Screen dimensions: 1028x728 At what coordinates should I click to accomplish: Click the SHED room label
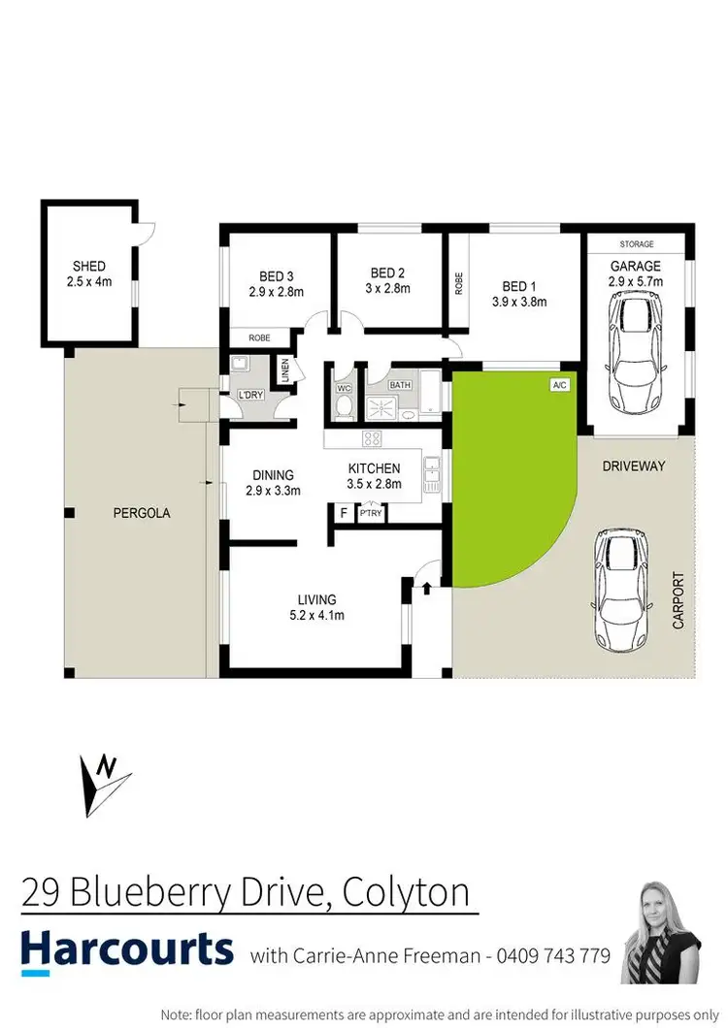point(88,266)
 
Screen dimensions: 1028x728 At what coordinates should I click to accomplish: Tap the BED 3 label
point(278,273)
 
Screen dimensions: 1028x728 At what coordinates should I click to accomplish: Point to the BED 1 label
point(518,286)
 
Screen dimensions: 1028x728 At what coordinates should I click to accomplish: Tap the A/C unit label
point(559,385)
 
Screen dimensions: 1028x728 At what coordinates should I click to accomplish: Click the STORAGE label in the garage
point(637,244)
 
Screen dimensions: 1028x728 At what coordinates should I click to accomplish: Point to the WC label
point(342,388)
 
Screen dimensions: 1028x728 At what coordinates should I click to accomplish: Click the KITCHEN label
point(374,468)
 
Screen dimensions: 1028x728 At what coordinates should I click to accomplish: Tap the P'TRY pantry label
point(371,514)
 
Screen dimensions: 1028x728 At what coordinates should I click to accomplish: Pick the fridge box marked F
point(343,514)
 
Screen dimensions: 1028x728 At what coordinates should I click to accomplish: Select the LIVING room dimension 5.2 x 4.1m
point(316,615)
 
